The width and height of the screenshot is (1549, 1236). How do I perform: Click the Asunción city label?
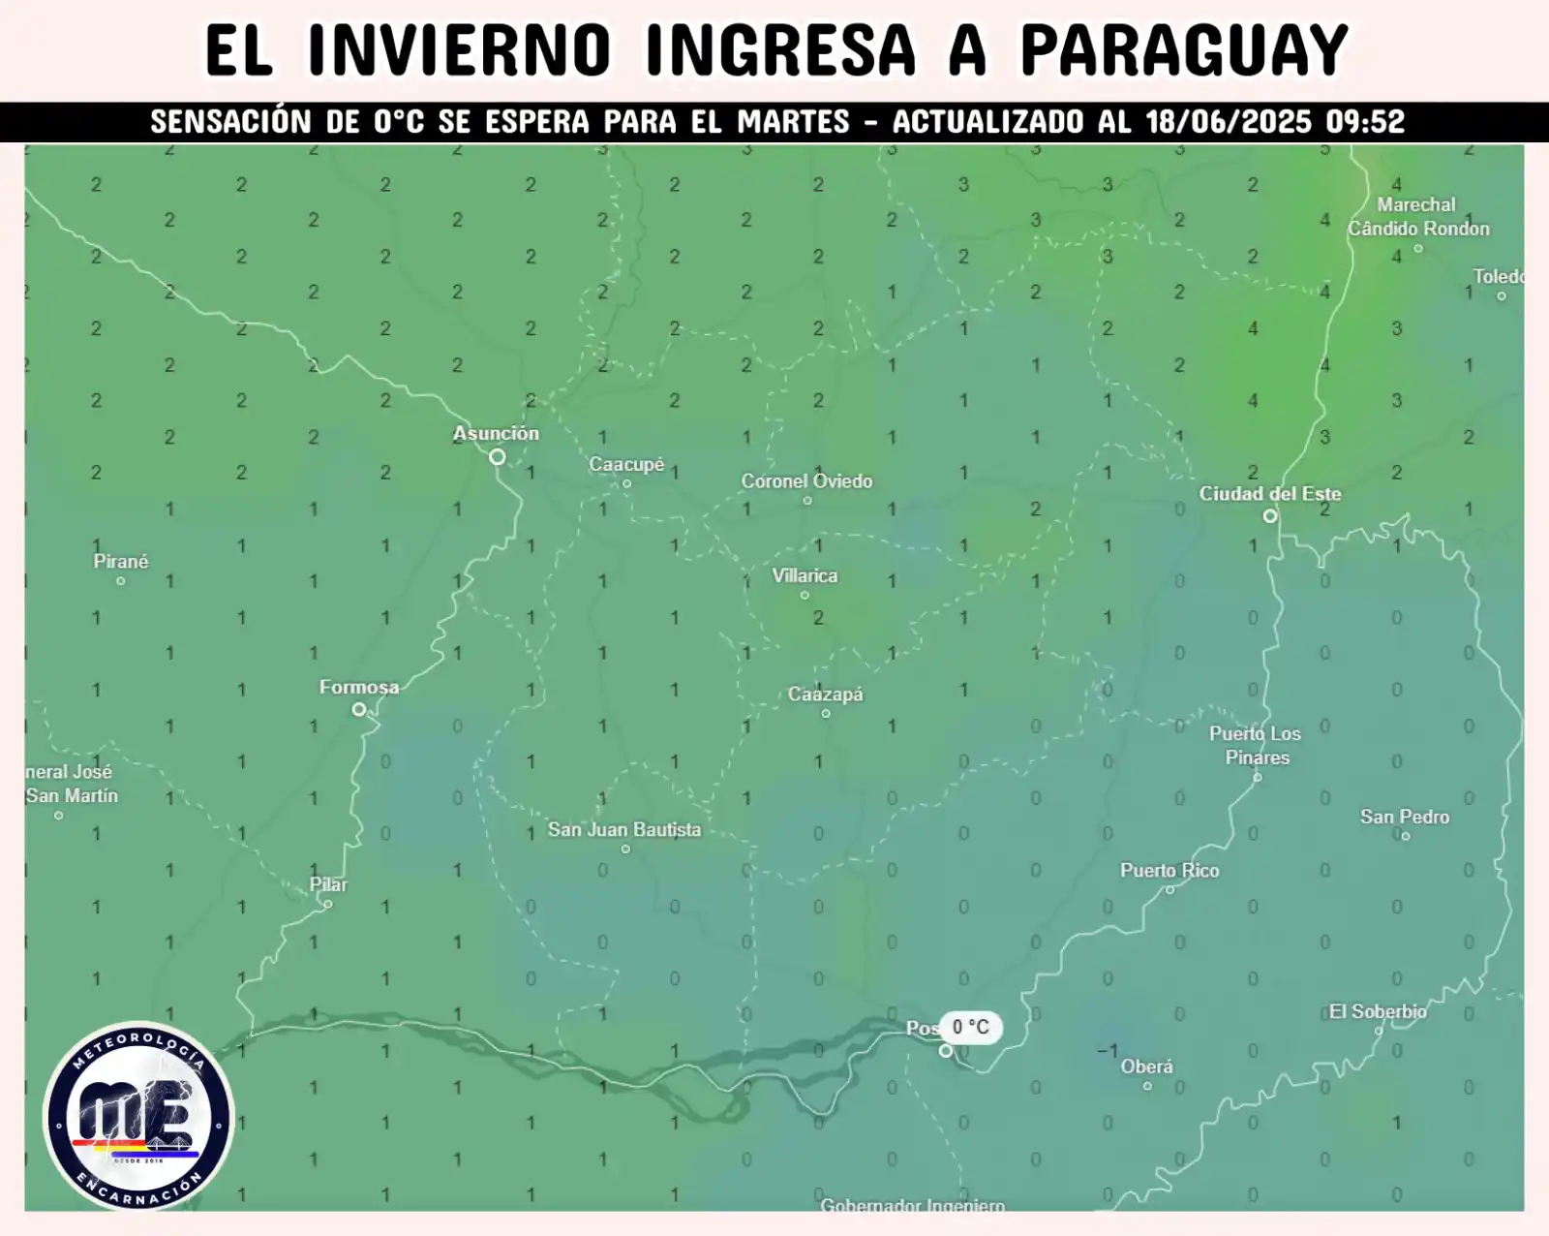(496, 433)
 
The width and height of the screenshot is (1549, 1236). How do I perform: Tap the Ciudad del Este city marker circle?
(1270, 516)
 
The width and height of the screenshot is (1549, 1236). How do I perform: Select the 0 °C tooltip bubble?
(970, 1027)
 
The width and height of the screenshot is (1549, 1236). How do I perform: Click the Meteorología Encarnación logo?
(139, 1116)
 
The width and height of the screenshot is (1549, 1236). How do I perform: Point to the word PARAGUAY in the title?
(1184, 50)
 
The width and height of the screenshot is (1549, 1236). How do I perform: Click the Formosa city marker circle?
(359, 709)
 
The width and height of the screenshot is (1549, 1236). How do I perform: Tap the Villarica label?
(805, 575)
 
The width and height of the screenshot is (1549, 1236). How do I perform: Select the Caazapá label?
(825, 694)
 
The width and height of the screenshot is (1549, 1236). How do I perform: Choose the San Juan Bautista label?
(624, 829)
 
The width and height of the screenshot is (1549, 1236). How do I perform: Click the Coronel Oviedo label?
(806, 480)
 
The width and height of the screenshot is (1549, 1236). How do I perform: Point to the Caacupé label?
(626, 464)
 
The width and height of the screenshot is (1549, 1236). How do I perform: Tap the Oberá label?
(1146, 1066)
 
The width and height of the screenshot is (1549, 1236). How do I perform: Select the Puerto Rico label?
(1169, 870)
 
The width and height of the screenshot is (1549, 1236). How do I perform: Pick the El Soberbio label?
(1378, 1011)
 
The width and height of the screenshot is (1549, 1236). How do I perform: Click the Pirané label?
(121, 561)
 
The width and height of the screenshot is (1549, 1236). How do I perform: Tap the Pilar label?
(328, 884)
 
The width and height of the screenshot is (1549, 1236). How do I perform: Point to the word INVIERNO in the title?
(460, 50)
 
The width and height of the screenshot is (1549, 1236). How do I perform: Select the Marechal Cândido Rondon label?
(1418, 217)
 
